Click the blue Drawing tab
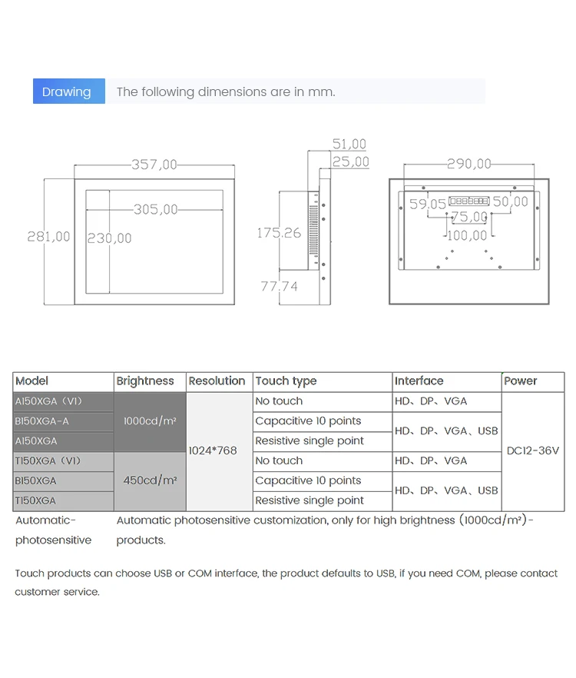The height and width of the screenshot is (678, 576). [x=68, y=91]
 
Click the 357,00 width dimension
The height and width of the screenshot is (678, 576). [x=154, y=165]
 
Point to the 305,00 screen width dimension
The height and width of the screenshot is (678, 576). [x=156, y=209]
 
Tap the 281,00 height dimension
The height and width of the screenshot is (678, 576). [x=48, y=237]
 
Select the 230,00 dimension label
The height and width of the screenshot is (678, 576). [x=109, y=238]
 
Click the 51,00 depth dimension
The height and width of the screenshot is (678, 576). [x=349, y=144]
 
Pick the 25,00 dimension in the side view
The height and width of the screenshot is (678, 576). [x=350, y=161]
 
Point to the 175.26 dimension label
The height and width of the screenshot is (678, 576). [x=279, y=233]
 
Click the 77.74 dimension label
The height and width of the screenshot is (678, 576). [x=279, y=286]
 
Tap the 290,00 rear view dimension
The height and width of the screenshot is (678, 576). [x=469, y=164]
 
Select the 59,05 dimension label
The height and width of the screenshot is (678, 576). [x=428, y=204]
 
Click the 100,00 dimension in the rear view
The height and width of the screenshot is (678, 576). [x=467, y=236]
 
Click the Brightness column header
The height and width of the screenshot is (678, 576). [x=145, y=381]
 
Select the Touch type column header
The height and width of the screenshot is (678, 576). [x=286, y=381]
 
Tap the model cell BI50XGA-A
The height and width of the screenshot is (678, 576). [x=42, y=421]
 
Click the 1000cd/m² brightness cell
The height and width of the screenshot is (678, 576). [x=150, y=421]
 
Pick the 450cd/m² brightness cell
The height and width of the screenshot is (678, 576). [x=150, y=480]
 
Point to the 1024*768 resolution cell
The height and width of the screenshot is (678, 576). [x=213, y=450]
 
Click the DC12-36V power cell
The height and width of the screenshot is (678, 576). [x=533, y=450]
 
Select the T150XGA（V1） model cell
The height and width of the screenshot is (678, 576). [x=48, y=461]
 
